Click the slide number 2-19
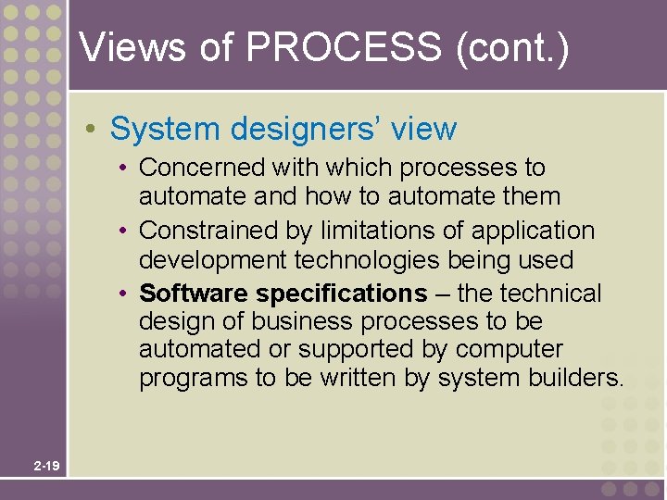point(46,466)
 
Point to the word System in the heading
point(163,129)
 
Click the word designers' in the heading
point(298,129)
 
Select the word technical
point(553,294)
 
